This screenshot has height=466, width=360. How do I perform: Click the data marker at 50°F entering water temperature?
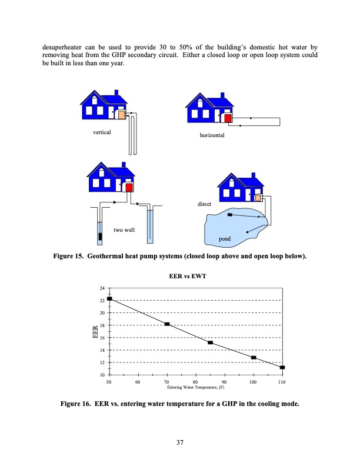click(x=109, y=299)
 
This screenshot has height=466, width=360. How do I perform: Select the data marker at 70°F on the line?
click(x=167, y=324)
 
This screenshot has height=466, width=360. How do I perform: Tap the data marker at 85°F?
click(x=210, y=342)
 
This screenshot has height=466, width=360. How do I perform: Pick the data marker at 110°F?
click(x=282, y=368)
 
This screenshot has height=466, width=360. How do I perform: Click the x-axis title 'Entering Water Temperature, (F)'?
click(x=195, y=388)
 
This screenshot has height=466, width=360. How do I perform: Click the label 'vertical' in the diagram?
click(x=102, y=133)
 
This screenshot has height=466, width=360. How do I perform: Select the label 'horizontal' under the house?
click(x=213, y=135)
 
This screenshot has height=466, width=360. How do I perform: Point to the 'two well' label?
click(x=124, y=229)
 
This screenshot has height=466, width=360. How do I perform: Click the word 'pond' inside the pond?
click(x=224, y=240)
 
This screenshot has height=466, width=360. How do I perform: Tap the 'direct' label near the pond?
click(x=204, y=204)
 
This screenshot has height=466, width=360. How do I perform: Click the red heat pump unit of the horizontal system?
click(x=228, y=118)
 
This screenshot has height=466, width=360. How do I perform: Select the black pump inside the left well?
click(x=100, y=237)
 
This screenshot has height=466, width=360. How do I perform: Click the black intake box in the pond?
click(x=229, y=215)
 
